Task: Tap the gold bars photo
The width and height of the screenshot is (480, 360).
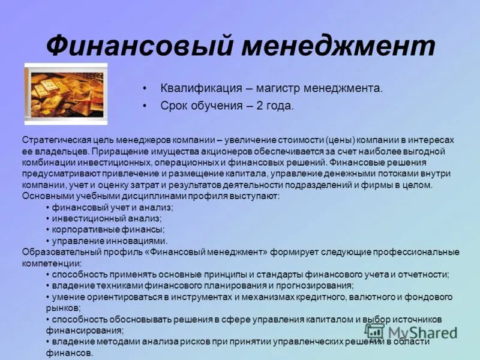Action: pyautogui.click(x=66, y=94)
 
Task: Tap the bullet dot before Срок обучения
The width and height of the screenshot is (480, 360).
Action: pyautogui.click(x=145, y=106)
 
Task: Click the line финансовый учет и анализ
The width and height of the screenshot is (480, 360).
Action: pyautogui.click(x=112, y=207)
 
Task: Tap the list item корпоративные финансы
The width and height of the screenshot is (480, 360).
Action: pyautogui.click(x=108, y=229)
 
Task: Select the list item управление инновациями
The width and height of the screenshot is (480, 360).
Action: pyautogui.click(x=109, y=241)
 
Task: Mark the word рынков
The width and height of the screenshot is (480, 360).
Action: pyautogui.click(x=59, y=308)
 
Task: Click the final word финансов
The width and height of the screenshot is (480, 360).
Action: pyautogui.click(x=68, y=353)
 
